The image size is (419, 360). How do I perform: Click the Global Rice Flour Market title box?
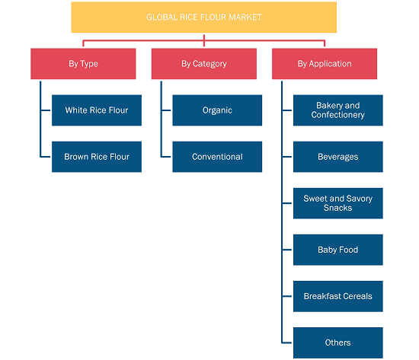tap(203, 18)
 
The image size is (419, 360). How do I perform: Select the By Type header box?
tap(83, 64)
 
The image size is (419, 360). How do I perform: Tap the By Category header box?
tap(204, 64)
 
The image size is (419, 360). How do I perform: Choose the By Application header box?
tap(325, 64)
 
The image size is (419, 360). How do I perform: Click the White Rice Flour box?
tap(97, 110)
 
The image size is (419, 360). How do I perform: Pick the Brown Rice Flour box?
tap(97, 157)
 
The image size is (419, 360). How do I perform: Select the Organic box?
tap(217, 110)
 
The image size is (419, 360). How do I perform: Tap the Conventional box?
tap(217, 157)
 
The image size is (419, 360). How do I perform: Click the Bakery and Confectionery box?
tap(338, 110)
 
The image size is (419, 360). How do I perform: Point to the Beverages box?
tap(338, 157)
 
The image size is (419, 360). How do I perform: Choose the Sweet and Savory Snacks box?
tap(338, 203)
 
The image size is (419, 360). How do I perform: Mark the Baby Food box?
tap(338, 250)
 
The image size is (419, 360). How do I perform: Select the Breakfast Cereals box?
tap(338, 296)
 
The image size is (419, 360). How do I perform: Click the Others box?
tap(338, 342)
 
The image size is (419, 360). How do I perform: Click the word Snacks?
tap(337, 208)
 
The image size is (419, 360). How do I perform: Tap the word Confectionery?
tap(337, 115)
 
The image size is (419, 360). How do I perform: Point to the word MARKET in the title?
tap(245, 18)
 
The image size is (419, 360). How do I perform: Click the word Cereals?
tap(357, 296)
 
